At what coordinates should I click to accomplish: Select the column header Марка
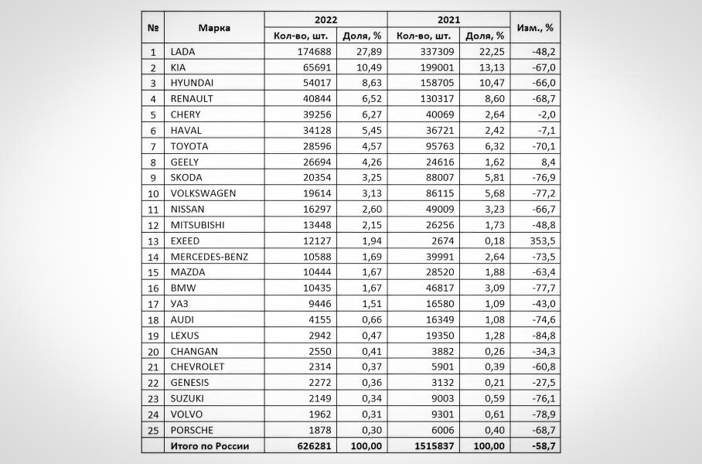pyautogui.click(x=214, y=28)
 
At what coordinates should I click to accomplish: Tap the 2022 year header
pyautogui.click(x=325, y=19)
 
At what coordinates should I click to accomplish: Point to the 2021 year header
pyautogui.click(x=448, y=19)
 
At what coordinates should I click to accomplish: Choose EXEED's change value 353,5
pyautogui.click(x=540, y=241)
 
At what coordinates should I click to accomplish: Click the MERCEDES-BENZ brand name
pyautogui.click(x=209, y=257)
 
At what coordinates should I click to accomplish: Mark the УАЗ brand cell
pyautogui.click(x=179, y=304)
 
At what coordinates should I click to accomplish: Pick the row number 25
pyautogui.click(x=153, y=430)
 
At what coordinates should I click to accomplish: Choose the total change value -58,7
pyautogui.click(x=540, y=446)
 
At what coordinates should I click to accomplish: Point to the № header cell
pyautogui.click(x=153, y=28)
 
